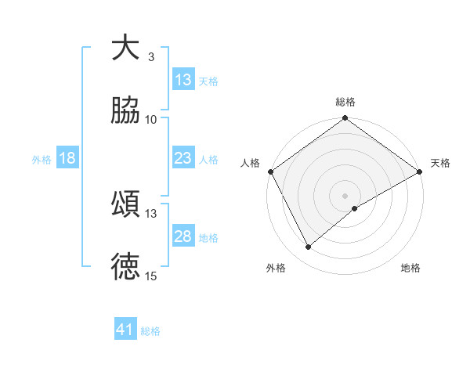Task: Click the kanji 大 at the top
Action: click(x=125, y=49)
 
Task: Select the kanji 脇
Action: click(x=125, y=110)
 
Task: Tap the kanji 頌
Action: click(x=125, y=204)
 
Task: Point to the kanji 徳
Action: click(x=125, y=267)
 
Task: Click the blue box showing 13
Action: click(x=183, y=80)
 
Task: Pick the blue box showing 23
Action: click(x=183, y=158)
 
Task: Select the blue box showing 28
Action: click(x=183, y=236)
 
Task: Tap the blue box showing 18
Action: click(x=67, y=158)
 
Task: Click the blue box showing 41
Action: click(x=125, y=330)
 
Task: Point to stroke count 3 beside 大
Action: click(x=151, y=57)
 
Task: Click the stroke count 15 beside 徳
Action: click(x=151, y=276)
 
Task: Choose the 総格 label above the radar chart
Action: click(x=345, y=102)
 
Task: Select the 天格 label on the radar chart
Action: click(x=440, y=163)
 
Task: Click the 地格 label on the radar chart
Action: click(x=410, y=268)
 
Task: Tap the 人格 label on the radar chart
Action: click(x=250, y=163)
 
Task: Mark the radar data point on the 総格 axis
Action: click(x=345, y=120)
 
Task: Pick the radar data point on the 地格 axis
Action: click(x=356, y=208)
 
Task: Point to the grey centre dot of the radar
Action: click(x=345, y=195)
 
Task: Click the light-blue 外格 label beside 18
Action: click(x=42, y=159)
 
